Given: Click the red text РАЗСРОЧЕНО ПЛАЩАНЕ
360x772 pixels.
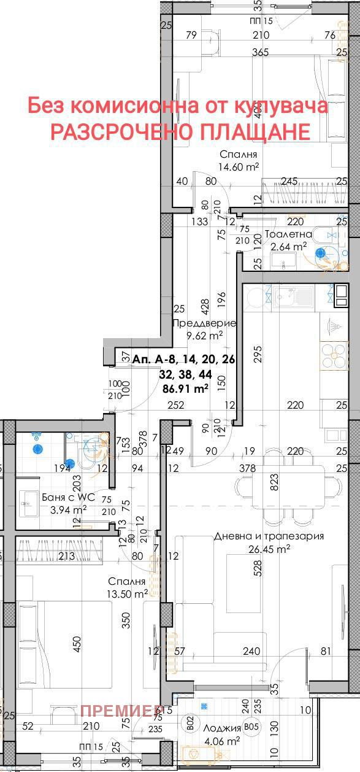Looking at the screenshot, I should (x=180, y=131).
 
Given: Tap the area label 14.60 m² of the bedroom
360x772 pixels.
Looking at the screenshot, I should (x=238, y=166).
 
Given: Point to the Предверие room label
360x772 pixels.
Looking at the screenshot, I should (x=205, y=323).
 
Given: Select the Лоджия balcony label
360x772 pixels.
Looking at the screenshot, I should (x=222, y=728).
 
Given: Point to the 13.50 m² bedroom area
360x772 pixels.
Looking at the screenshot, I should (x=128, y=593).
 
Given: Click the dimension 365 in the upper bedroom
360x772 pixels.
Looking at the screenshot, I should (x=261, y=53).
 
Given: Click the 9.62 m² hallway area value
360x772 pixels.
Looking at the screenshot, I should (x=205, y=336).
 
